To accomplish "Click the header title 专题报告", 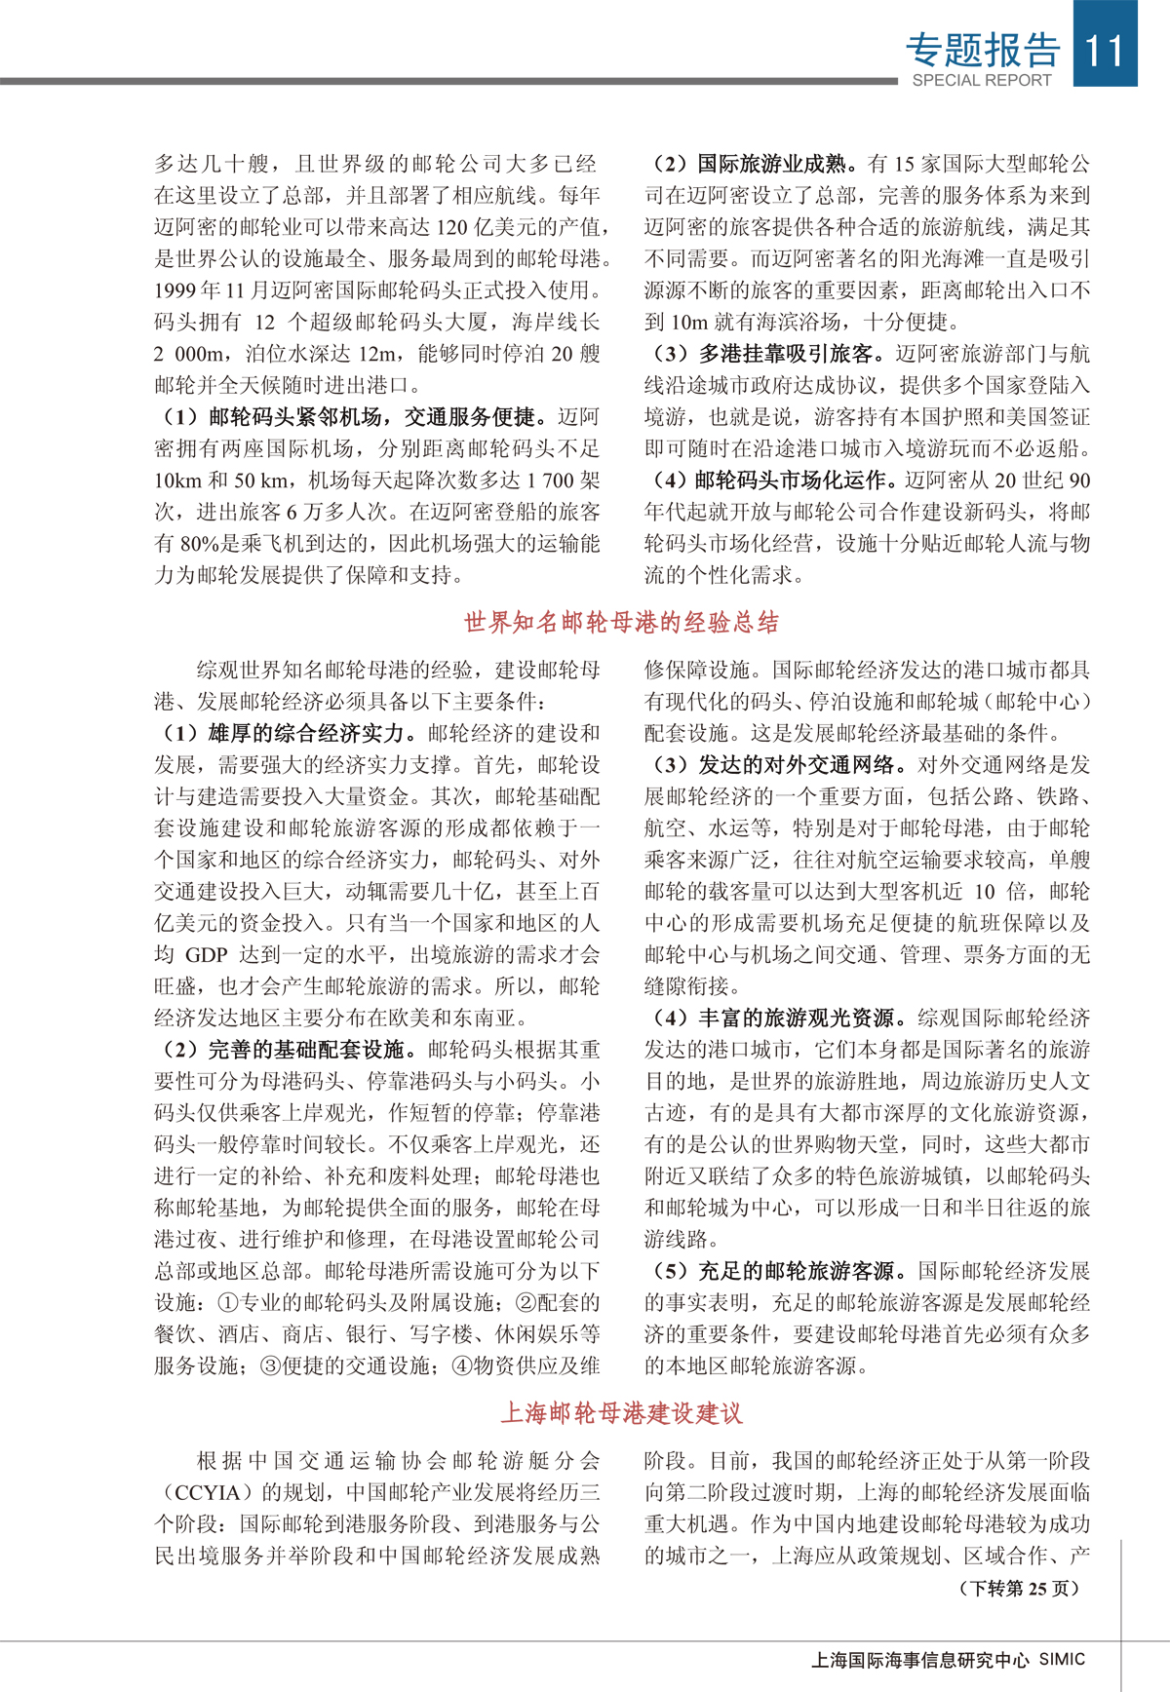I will (983, 49).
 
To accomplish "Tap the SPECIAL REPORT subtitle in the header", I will (982, 81).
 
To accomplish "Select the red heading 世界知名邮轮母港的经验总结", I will (621, 622).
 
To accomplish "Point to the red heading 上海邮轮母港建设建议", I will (621, 1412).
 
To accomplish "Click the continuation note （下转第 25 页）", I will (1020, 1588).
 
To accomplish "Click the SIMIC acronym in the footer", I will (1062, 1659).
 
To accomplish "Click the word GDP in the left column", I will (207, 955).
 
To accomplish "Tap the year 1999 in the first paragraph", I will (175, 290).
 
